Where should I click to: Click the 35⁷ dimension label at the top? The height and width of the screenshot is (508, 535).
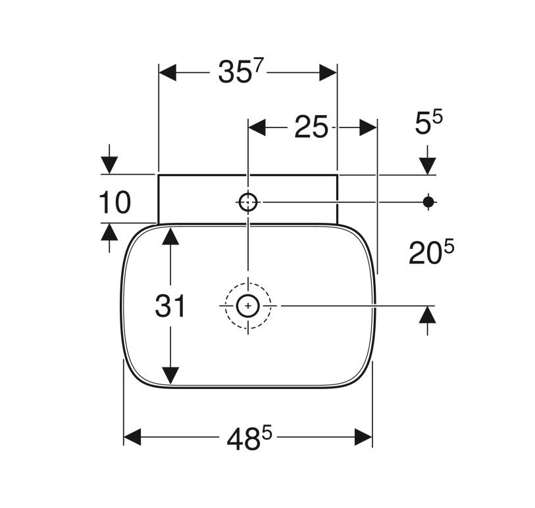pos(242,72)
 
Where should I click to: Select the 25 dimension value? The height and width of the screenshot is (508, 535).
pos(311,127)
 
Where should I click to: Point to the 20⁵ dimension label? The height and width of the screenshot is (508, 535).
pos(432,252)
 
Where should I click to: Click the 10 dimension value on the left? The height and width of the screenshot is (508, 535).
pos(115,202)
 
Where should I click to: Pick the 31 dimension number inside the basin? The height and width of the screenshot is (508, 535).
pos(170,306)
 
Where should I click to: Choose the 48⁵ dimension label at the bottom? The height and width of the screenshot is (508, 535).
pos(249,438)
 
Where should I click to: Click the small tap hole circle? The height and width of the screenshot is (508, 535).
pos(248,202)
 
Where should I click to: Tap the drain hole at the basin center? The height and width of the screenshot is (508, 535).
pos(248,306)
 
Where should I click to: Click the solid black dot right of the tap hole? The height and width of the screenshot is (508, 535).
pos(428,202)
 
